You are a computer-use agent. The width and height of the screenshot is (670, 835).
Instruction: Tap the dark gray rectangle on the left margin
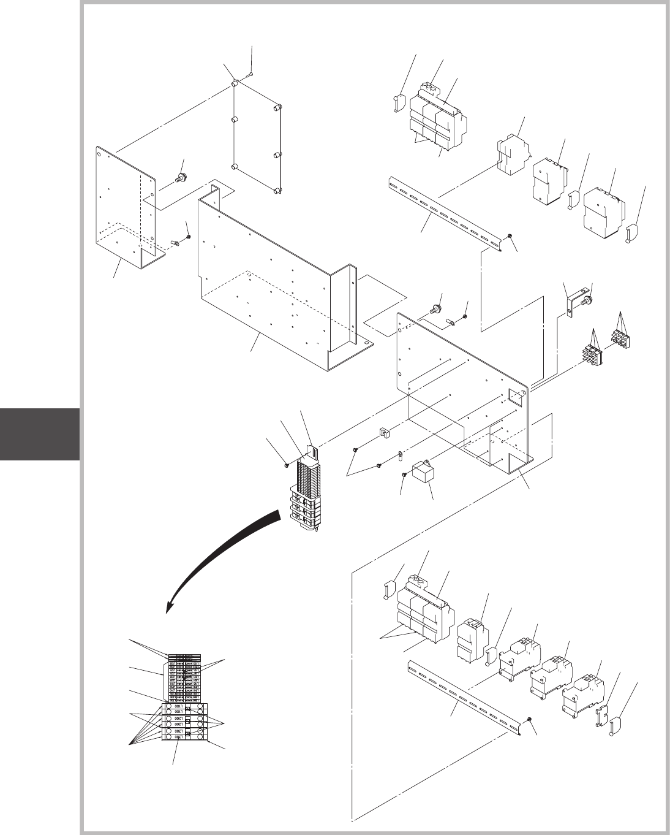(40, 434)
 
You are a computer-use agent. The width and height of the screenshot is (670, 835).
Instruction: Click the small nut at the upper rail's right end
(510, 237)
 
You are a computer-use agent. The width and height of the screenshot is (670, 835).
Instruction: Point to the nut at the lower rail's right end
(530, 719)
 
